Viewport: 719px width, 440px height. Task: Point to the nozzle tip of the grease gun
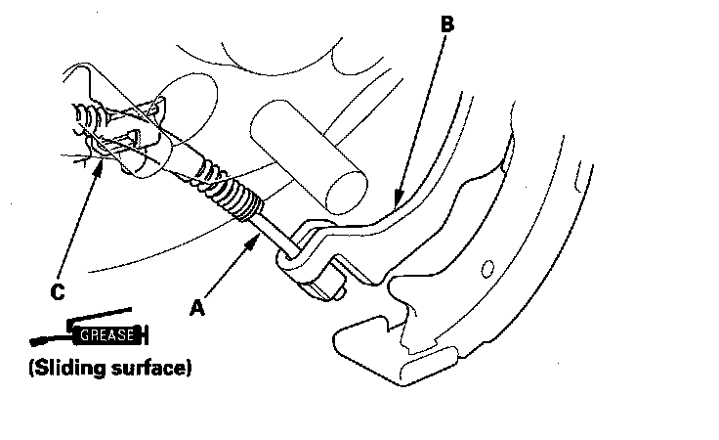[x=35, y=342]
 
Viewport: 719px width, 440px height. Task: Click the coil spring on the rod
[x=235, y=196]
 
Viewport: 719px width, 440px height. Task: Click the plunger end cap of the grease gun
[x=146, y=336]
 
